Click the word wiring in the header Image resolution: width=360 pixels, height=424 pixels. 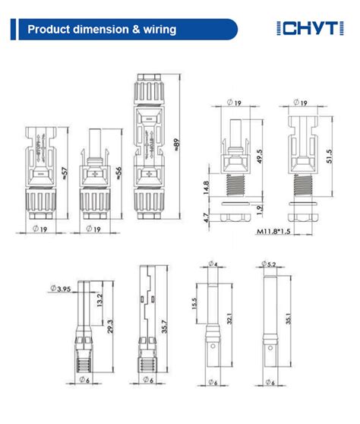(158, 30)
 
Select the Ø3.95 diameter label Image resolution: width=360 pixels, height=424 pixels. (58, 288)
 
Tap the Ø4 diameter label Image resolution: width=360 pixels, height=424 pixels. (214, 264)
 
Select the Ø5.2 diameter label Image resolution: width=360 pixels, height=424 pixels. (270, 264)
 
